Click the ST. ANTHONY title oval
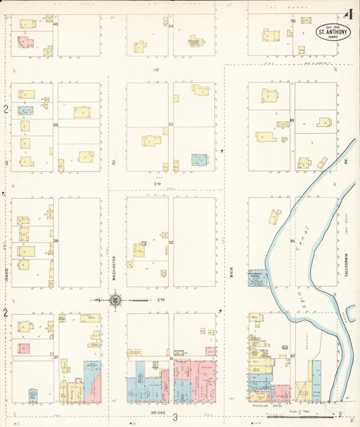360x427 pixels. coord(333,31)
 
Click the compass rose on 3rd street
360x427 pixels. coord(116,299)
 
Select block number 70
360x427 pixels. coord(292,22)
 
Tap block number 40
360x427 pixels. coord(55,24)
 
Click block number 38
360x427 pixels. coord(56,241)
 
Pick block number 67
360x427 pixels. coord(292,355)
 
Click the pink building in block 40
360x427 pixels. coord(26,41)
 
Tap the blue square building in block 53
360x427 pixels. coord(199,159)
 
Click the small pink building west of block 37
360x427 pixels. coord(25,349)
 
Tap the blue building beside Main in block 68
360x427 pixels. coord(257,278)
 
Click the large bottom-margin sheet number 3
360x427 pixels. coord(174,418)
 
